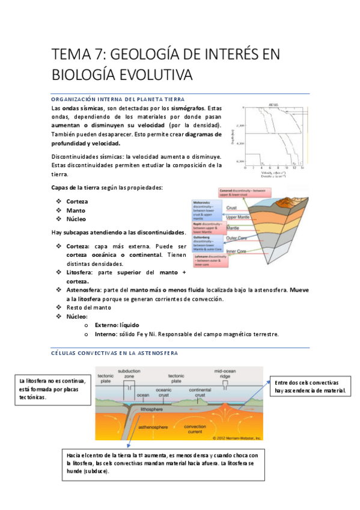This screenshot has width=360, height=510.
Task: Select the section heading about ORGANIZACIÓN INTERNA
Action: (x=118, y=99)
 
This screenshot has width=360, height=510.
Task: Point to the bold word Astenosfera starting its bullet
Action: (x=84, y=289)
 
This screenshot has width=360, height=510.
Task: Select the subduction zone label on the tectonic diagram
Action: (x=129, y=374)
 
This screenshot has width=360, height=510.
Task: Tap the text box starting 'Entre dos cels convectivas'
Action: (x=311, y=386)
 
